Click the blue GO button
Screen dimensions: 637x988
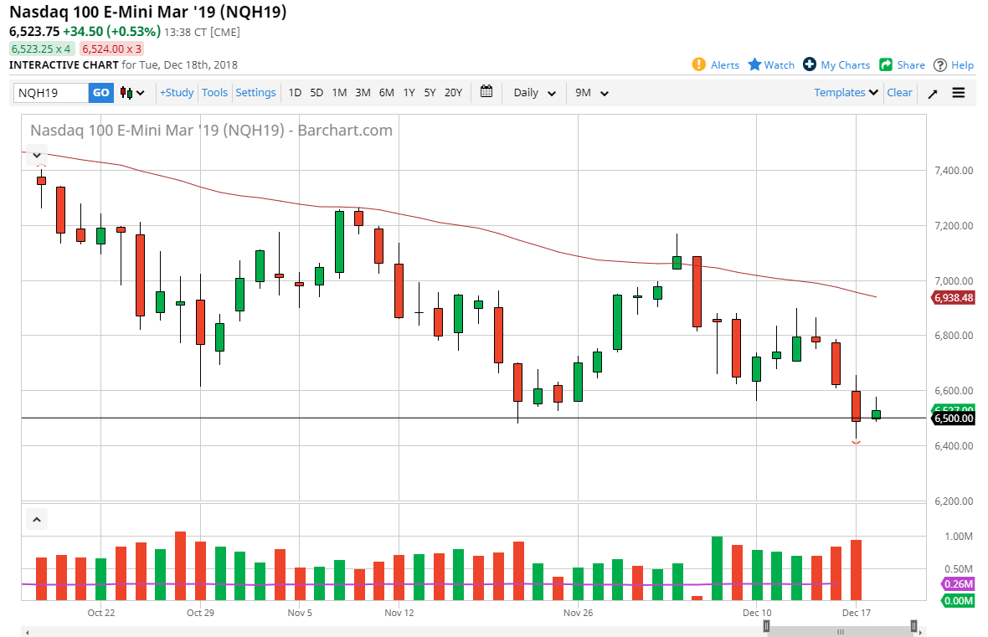tap(101, 93)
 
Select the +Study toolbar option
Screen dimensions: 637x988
tap(177, 93)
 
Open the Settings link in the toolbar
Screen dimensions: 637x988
tap(255, 93)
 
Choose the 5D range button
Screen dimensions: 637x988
tap(316, 93)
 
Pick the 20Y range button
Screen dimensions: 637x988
tap(453, 93)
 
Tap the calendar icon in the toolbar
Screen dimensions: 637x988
tap(486, 92)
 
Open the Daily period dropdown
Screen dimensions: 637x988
tap(534, 93)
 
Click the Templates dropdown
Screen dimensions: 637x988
tap(846, 93)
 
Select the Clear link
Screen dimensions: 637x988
tap(899, 93)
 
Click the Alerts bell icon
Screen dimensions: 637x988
tap(699, 64)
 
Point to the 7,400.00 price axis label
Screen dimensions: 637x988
tap(955, 171)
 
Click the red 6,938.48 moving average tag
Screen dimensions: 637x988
tap(953, 297)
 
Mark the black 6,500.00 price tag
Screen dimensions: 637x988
tap(953, 419)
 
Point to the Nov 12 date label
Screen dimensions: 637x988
tap(399, 613)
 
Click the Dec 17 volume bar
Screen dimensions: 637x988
tap(856, 570)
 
